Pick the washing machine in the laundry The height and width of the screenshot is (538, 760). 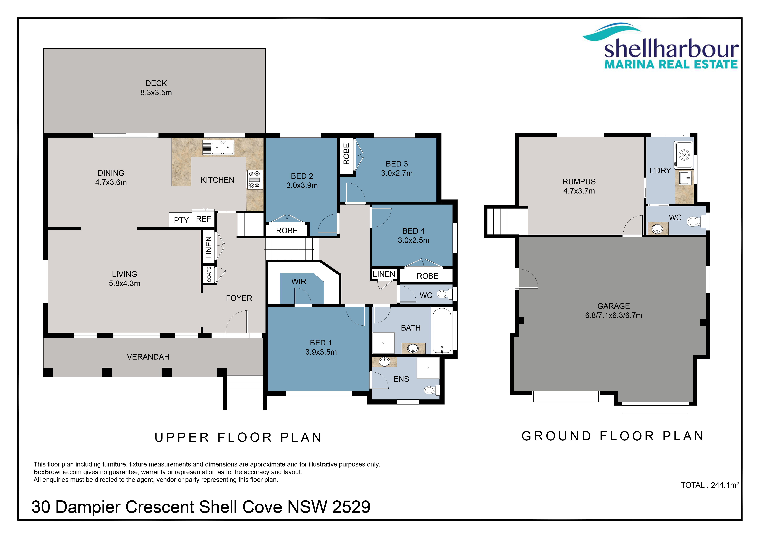(684, 155)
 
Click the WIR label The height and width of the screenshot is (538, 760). (299, 282)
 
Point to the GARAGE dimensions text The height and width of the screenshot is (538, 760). (613, 315)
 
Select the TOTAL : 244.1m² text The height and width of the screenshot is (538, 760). (710, 485)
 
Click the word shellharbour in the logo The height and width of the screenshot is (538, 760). (671, 49)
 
